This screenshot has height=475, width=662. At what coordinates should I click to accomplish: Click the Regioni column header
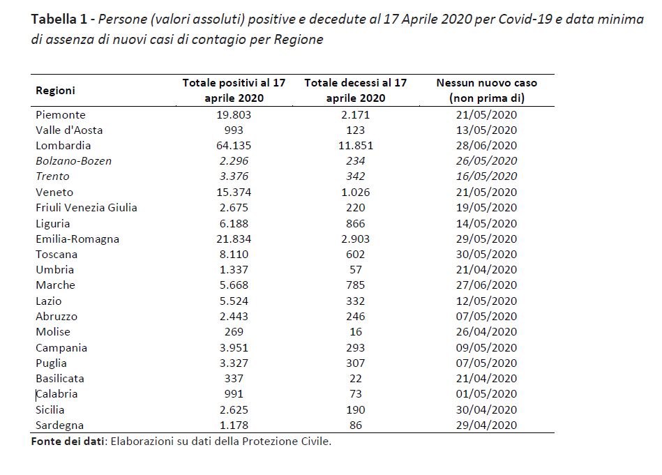[x=55, y=91]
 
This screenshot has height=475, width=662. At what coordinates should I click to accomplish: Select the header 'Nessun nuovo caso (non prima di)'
[x=487, y=91]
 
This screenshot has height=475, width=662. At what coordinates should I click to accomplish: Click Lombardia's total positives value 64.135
[x=234, y=146]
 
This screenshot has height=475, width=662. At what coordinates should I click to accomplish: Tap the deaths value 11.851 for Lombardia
[x=356, y=146]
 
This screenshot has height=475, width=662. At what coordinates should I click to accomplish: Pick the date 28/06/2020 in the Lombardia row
[x=486, y=146]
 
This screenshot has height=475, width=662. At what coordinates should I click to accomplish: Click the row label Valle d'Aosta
[x=69, y=130]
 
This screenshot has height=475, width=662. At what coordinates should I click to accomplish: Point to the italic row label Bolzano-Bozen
[x=73, y=161]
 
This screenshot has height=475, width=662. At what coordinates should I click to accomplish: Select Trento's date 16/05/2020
[x=486, y=176]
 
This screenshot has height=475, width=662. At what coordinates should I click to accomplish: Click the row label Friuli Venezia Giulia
[x=86, y=208]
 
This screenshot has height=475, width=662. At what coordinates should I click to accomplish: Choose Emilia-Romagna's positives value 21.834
[x=234, y=239]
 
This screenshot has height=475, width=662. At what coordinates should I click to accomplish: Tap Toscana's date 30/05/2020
[x=486, y=254]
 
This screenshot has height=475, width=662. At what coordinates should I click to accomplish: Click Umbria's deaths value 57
[x=356, y=270]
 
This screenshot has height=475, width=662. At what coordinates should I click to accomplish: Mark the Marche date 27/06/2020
[x=486, y=285]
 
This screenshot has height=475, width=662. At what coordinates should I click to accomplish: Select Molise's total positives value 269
[x=234, y=332]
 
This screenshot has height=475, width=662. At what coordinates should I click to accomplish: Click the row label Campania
[x=61, y=348]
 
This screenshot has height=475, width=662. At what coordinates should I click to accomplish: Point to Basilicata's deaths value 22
[x=356, y=379]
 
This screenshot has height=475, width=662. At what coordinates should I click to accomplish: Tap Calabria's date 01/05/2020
[x=486, y=394]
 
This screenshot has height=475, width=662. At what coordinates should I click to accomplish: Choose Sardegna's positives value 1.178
[x=234, y=425]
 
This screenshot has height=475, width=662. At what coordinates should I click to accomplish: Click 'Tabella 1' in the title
[x=59, y=19]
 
